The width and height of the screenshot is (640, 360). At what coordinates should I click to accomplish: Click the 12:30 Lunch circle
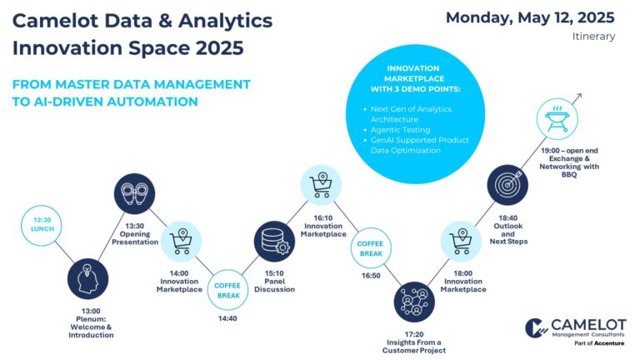coord(41,225)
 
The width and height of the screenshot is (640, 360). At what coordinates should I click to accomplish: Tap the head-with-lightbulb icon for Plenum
coord(87,279)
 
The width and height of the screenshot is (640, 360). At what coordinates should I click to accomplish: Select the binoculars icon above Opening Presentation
coord(134,193)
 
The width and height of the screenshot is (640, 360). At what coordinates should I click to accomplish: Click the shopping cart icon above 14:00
coord(181,241)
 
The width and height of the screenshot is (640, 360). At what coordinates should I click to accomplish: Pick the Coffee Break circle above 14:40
coord(227,290)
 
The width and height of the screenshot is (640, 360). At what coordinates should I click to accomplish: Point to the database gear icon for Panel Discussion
coord(274,241)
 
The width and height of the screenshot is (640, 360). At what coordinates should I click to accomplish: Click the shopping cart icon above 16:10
coord(321,185)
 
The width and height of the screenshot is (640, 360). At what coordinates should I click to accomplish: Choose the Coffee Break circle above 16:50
coord(371,247)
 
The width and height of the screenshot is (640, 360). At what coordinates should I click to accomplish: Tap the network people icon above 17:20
coord(414,302)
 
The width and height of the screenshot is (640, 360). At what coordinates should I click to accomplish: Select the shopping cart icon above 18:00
coord(461,241)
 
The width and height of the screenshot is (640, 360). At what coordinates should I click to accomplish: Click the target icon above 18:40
coord(507,185)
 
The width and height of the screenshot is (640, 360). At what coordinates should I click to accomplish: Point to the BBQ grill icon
coord(557,119)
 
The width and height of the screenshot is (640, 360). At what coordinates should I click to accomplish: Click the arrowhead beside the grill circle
coord(579,97)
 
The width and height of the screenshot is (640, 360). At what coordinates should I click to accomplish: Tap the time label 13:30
coord(135,226)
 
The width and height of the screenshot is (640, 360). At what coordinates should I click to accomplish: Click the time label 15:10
coord(274,273)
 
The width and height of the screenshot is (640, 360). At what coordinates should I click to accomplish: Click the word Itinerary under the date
coord(593,37)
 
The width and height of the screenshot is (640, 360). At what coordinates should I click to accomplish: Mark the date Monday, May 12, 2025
coord(530,17)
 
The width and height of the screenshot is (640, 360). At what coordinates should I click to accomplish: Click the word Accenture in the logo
coord(609,343)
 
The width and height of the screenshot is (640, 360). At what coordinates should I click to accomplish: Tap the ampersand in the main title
coord(165,20)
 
